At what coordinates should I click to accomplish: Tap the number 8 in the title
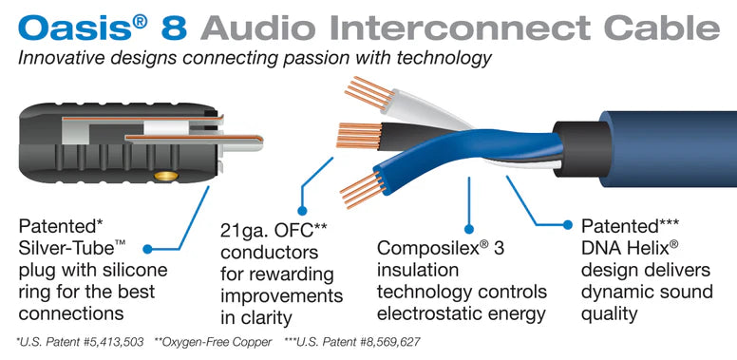[175, 26]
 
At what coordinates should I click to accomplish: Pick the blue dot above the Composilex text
[467, 228]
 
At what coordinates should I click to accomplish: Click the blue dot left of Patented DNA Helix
[567, 226]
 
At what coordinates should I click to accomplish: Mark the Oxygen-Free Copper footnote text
[218, 340]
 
